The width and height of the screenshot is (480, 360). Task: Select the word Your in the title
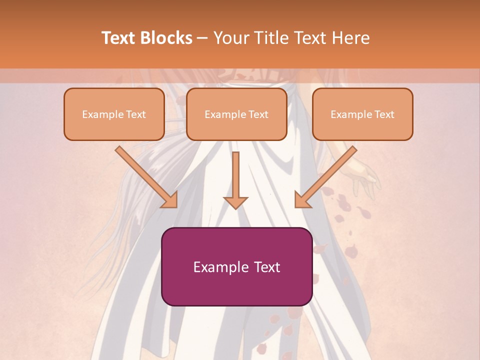click(230, 38)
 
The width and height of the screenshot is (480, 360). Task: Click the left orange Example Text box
click(114, 114)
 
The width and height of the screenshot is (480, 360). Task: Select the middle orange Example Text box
click(236, 114)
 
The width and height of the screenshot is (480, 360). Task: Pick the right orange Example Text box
click(362, 114)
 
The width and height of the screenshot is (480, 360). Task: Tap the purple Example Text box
click(236, 267)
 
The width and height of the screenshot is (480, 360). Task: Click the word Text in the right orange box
click(384, 114)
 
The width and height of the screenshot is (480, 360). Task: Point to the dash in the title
click(202, 38)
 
